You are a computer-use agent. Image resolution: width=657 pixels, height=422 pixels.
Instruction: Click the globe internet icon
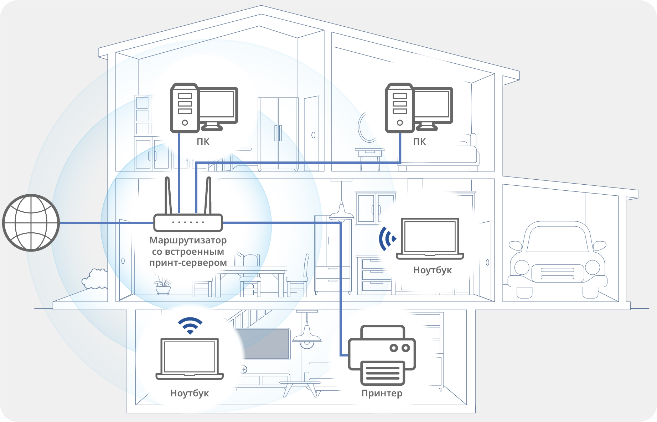point(31,223)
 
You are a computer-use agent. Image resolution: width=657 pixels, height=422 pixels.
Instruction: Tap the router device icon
point(188,222)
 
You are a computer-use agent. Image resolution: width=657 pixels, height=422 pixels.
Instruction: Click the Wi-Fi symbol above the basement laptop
point(190,325)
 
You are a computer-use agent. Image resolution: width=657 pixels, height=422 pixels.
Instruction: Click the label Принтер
point(382,393)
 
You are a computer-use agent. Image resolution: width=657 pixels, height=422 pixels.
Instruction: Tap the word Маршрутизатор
point(188,240)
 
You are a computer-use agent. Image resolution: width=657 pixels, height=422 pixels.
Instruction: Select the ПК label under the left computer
point(203,142)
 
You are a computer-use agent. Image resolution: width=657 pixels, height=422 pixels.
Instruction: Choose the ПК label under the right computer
point(419,142)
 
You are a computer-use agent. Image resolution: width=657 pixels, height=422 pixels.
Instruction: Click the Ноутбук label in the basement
point(190,393)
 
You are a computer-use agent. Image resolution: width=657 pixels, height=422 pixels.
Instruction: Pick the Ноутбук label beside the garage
point(432,270)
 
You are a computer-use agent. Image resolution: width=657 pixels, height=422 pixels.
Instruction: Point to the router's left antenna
point(168,196)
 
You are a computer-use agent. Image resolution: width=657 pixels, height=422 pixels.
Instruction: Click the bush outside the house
point(95,279)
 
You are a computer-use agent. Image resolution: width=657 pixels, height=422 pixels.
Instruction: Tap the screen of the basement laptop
point(190,356)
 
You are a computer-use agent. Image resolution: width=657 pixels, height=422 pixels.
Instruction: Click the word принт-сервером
point(188,263)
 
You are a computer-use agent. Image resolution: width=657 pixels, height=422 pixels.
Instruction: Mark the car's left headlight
point(522,267)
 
